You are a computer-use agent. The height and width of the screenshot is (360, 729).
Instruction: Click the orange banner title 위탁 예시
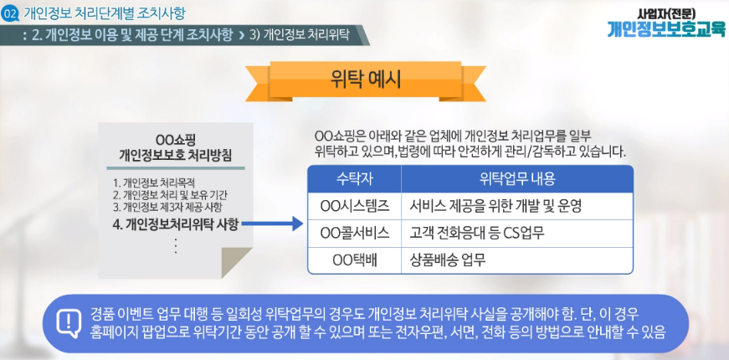coord(366,80)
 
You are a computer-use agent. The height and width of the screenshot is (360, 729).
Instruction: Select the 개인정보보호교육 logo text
coord(665,28)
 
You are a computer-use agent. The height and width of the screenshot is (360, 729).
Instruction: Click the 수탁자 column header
coord(354,179)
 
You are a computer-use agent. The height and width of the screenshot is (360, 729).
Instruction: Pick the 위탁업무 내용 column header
coord(517,179)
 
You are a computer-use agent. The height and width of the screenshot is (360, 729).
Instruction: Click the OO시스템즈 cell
coord(354,206)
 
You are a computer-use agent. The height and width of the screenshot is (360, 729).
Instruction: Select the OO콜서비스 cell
coord(354,233)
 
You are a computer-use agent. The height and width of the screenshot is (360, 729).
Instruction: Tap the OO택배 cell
coord(354,260)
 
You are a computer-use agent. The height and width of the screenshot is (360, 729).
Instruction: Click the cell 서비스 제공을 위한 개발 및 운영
coord(495,206)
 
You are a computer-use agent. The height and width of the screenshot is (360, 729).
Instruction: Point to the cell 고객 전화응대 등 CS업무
coord(477,233)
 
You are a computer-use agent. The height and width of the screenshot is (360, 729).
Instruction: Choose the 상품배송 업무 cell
coord(448,260)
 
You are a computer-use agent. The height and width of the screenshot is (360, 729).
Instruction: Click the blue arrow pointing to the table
coord(273,224)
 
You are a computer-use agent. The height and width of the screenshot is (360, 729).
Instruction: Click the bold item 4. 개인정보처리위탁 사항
coord(176,224)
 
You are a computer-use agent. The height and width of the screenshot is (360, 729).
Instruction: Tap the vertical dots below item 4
coord(176,245)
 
